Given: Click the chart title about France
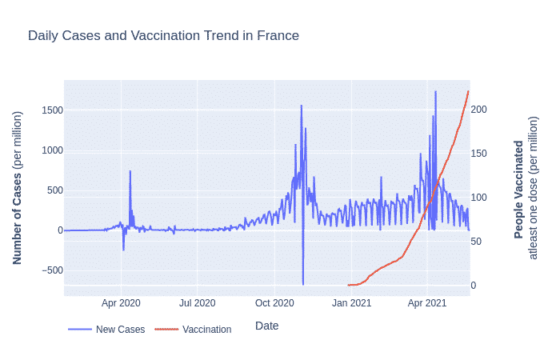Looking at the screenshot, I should [163, 36].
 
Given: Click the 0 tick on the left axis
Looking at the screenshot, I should [56, 230].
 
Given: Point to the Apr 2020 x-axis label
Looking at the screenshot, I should [121, 303].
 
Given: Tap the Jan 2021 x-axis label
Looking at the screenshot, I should [351, 303].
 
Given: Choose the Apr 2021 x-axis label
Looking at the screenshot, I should [426, 303].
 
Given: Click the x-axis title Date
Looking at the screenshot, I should [266, 326].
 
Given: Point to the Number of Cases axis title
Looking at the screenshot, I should [17, 188].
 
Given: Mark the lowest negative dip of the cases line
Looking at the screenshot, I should [303, 284].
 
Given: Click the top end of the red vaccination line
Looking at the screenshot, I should [468, 91].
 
